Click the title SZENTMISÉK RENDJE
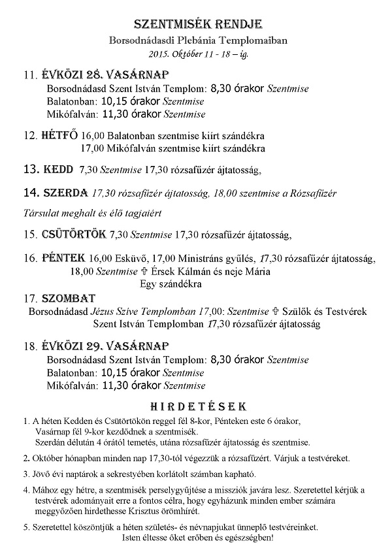click(x=197, y=25)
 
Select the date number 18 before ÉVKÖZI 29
click(x=29, y=344)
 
